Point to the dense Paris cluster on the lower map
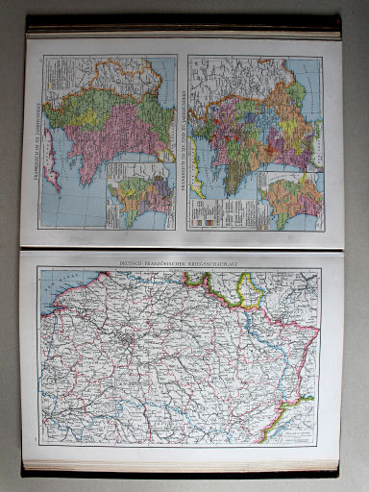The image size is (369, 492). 127,341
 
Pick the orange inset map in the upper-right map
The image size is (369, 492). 294,202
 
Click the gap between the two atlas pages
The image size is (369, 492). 183,245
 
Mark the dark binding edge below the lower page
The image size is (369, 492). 183,473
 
